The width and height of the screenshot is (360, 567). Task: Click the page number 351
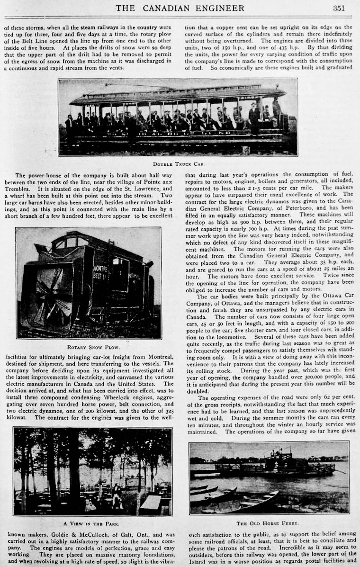coord(338,8)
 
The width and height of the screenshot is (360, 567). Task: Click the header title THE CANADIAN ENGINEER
coord(180,8)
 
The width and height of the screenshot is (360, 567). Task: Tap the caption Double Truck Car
coord(178,164)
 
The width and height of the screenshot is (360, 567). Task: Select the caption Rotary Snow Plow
coord(88,347)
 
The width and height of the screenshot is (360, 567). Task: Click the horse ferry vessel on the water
coord(275,467)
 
